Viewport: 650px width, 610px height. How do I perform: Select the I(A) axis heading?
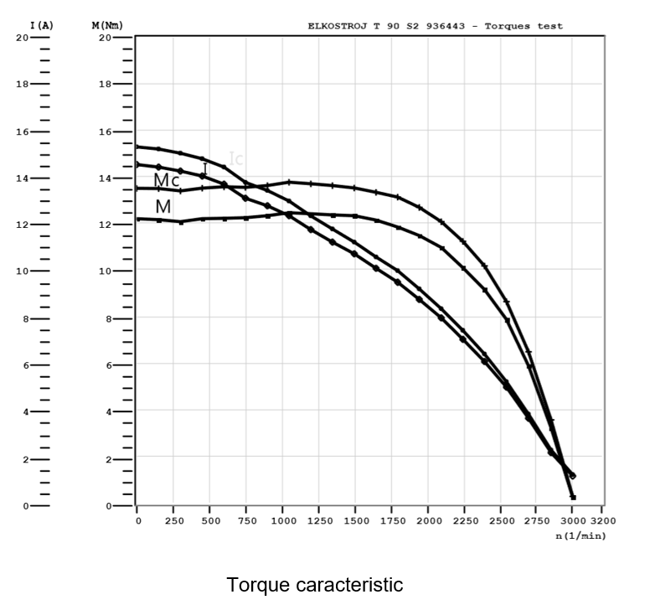42,26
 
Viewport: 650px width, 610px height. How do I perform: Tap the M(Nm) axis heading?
106,26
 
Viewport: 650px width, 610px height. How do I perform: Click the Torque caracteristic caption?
314,584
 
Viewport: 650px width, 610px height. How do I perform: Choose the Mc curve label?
166,181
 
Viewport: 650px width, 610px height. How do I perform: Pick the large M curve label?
162,206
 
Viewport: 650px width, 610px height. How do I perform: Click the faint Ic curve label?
236,158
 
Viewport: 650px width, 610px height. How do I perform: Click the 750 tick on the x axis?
246,520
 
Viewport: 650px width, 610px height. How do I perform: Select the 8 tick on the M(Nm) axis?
106,319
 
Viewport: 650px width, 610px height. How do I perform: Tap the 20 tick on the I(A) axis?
23,38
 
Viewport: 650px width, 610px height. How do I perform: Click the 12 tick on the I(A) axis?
23,225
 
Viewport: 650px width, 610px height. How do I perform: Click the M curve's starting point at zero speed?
137,219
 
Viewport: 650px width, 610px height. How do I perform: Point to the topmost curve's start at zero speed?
137,147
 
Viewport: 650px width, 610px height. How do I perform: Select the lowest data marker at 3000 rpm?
573,497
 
